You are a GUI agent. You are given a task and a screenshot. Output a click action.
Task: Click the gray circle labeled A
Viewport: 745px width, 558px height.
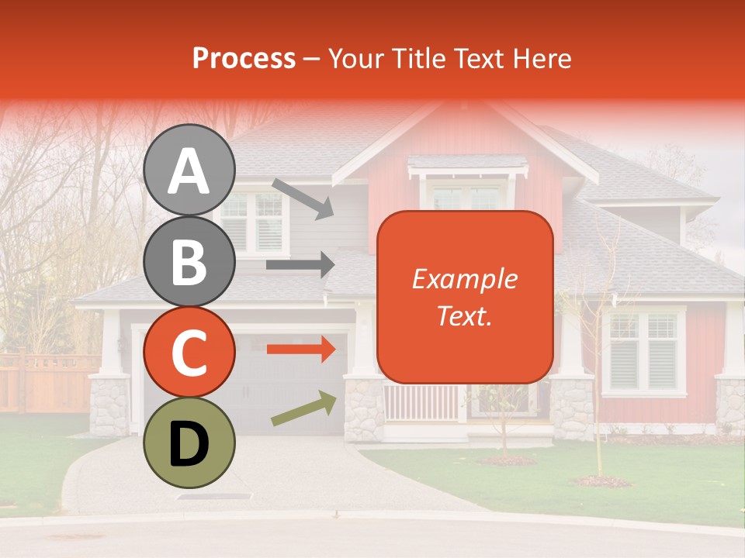tap(189, 170)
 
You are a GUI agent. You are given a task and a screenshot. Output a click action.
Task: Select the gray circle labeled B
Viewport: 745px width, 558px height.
tap(189, 261)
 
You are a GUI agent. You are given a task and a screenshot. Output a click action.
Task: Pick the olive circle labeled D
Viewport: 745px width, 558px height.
tap(189, 443)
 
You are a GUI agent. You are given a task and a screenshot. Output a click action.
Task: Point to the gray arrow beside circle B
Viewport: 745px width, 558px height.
tap(300, 265)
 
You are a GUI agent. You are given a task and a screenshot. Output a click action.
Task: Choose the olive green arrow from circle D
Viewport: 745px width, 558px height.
tap(304, 408)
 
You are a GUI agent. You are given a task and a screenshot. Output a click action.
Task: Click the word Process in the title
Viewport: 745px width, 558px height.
tap(244, 58)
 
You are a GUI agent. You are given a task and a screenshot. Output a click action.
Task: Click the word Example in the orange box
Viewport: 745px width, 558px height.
tap(464, 279)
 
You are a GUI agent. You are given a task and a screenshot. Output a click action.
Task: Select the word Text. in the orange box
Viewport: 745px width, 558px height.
tap(464, 315)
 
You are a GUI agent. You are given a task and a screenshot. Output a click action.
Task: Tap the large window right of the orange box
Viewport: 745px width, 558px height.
tap(643, 350)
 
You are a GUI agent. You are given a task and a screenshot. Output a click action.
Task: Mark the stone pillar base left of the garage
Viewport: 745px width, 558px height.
tap(109, 405)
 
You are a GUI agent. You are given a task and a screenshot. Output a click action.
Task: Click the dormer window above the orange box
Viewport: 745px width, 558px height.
tap(466, 196)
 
